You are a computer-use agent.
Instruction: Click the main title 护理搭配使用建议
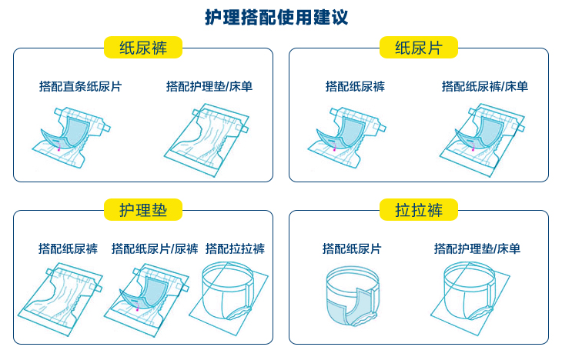[276, 17]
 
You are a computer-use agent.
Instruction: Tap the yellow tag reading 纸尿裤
[143, 47]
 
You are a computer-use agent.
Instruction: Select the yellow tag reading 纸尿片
[419, 47]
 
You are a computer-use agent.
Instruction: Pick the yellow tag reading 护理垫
[143, 209]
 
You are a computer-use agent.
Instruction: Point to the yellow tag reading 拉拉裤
[419, 209]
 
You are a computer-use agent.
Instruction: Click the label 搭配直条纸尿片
[81, 86]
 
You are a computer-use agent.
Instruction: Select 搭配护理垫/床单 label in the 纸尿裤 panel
[209, 86]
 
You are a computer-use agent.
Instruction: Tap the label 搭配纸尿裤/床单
[485, 86]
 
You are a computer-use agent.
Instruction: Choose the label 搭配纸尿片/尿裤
[155, 248]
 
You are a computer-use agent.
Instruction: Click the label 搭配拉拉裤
[235, 248]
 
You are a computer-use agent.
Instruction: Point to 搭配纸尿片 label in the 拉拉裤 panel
[352, 248]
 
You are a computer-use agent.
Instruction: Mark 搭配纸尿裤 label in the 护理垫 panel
[68, 248]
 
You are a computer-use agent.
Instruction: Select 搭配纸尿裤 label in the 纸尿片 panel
[355, 86]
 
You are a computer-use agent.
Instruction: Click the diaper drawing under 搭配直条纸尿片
[72, 138]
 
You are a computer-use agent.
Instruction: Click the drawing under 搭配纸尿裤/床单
[483, 140]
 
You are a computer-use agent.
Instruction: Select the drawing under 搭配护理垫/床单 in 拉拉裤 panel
[470, 298]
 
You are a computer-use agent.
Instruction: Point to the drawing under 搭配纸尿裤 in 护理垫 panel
[61, 298]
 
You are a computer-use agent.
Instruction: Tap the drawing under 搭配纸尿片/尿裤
[146, 300]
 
